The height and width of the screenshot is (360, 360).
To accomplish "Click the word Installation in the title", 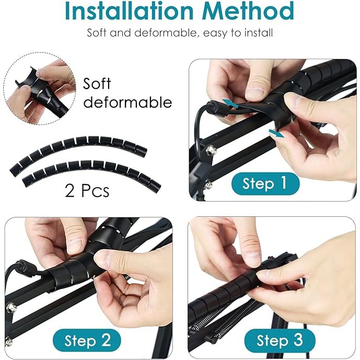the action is tap(129, 10).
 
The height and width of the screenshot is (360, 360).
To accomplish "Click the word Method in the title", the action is tap(248, 10).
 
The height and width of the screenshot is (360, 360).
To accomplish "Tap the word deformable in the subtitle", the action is tap(165, 33).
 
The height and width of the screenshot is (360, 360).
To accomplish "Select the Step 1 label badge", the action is tap(265, 184).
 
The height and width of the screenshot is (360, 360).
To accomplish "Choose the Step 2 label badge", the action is tap(87, 340).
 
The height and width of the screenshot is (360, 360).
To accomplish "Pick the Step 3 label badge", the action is tap(280, 340).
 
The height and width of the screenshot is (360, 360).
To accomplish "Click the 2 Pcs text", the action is tap(87, 191).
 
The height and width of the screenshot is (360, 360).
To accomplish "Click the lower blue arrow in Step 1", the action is tap(276, 133).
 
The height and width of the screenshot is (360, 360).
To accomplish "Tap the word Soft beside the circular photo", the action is tap(97, 84).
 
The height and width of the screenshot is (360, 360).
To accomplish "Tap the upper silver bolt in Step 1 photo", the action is tap(210, 150).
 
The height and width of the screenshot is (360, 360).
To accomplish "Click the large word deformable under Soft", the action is tap(127, 102).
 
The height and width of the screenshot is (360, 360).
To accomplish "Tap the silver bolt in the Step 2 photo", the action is tap(11, 308).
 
